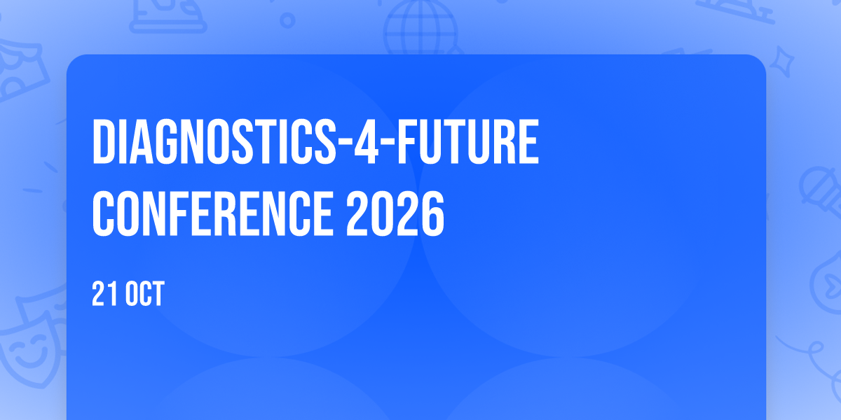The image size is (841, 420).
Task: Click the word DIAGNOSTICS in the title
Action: coord(214,141)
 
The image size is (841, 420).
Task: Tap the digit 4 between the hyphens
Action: coord(366,141)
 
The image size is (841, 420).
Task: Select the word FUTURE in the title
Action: coord(468,141)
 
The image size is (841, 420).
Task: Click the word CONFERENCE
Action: coord(212,213)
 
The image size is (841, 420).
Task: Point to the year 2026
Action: coord(395,213)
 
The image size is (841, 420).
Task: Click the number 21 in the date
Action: coord(106,293)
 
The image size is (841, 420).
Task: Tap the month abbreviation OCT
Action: coord(144,293)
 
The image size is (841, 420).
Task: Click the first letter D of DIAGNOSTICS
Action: coord(104,141)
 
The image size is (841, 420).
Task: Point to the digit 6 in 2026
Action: coord(432,213)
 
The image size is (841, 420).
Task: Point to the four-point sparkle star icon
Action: coord(782,62)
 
